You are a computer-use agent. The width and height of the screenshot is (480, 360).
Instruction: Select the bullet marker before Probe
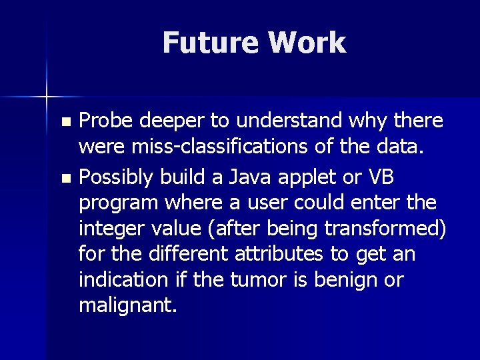(x=65, y=123)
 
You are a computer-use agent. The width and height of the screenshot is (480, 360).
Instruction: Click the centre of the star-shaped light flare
(x=47, y=97)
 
